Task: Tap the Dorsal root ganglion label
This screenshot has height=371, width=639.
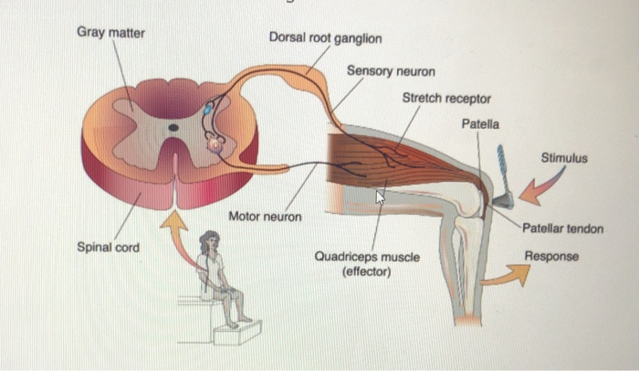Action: click(325, 38)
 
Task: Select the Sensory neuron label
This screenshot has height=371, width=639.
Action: click(390, 70)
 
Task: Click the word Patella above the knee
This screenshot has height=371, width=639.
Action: click(480, 122)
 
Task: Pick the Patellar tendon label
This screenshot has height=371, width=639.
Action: click(562, 228)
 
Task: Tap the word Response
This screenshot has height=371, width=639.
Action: click(551, 257)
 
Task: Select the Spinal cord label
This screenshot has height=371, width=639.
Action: click(109, 248)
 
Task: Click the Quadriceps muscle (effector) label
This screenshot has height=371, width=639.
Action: click(367, 264)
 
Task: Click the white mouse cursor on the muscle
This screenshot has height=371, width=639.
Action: click(381, 195)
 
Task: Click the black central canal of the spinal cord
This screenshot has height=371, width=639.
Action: click(173, 128)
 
